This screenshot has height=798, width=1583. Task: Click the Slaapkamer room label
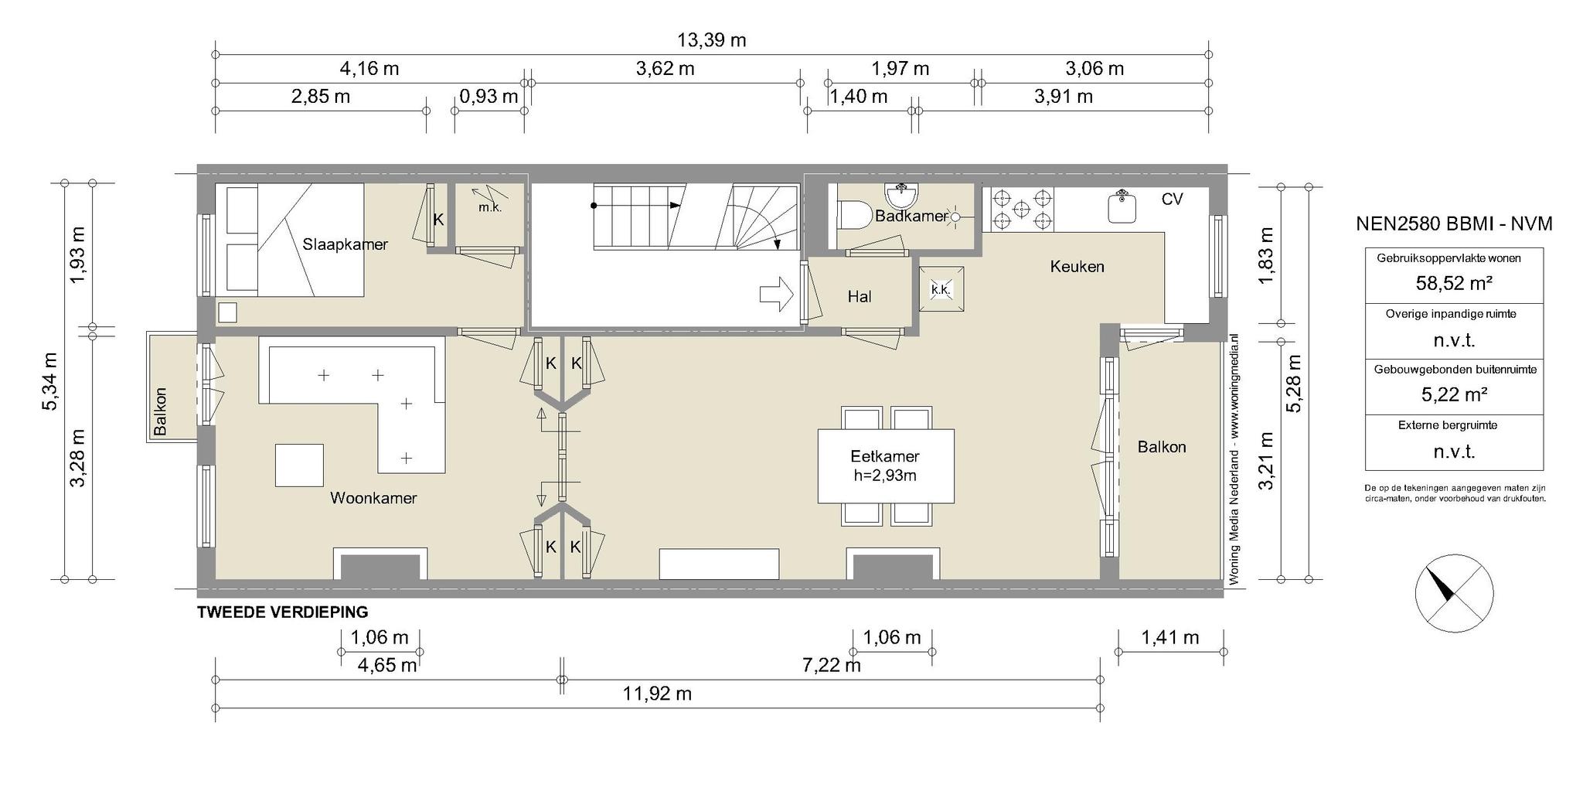[x=345, y=244]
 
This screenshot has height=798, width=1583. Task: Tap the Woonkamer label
[x=373, y=498]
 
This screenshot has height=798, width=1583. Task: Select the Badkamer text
[x=911, y=217]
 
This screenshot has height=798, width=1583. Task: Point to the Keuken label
[x=1077, y=267]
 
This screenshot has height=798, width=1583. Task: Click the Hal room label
[x=860, y=297]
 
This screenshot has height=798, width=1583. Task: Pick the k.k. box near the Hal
[x=941, y=289]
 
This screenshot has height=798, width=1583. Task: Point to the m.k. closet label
[x=490, y=207]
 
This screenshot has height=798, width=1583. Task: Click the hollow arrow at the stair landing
[x=777, y=295]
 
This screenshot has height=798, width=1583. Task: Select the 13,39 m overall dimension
[x=712, y=40]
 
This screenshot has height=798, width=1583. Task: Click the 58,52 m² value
[x=1454, y=283]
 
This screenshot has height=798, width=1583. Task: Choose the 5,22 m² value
[x=1454, y=394]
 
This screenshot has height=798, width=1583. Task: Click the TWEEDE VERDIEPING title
[x=283, y=612]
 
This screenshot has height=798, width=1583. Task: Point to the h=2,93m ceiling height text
[x=885, y=476]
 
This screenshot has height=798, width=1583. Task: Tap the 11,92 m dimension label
[x=658, y=694]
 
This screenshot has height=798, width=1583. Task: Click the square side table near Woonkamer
[x=299, y=465]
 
